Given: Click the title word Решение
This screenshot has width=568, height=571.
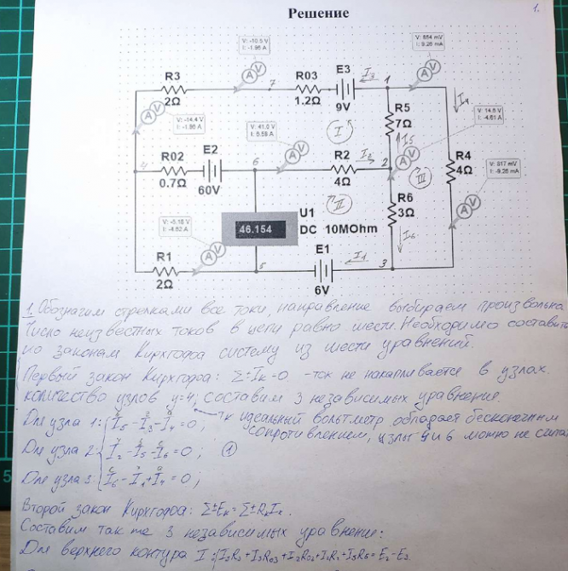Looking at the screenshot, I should [318, 13].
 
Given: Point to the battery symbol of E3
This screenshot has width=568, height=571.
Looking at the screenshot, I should [345, 88].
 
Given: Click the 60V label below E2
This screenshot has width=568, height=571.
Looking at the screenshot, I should [209, 190].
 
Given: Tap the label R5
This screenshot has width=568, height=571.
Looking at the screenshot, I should [403, 108].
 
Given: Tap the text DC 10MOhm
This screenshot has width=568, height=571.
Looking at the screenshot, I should [333, 229].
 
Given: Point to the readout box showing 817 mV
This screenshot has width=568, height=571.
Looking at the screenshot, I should [503, 166].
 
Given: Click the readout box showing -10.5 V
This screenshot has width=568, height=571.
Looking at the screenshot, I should [254, 44].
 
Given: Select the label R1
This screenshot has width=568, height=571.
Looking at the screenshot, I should [165, 256].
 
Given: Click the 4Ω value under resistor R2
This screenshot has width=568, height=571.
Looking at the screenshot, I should [343, 181].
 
